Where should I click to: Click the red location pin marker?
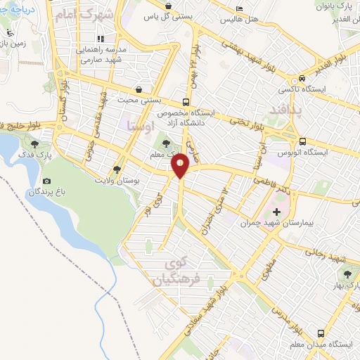pyautogui.click(x=181, y=167)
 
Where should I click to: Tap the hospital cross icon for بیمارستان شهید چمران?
pyautogui.click(x=276, y=211)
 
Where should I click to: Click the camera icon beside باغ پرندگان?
pyautogui.click(x=47, y=181)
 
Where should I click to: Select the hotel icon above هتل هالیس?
pyautogui.click(x=241, y=9)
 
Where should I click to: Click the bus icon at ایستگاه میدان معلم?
pyautogui.click(x=321, y=333)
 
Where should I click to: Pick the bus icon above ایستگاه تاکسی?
pyautogui.click(x=301, y=79)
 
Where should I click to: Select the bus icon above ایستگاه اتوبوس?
pyautogui.click(x=302, y=141)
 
